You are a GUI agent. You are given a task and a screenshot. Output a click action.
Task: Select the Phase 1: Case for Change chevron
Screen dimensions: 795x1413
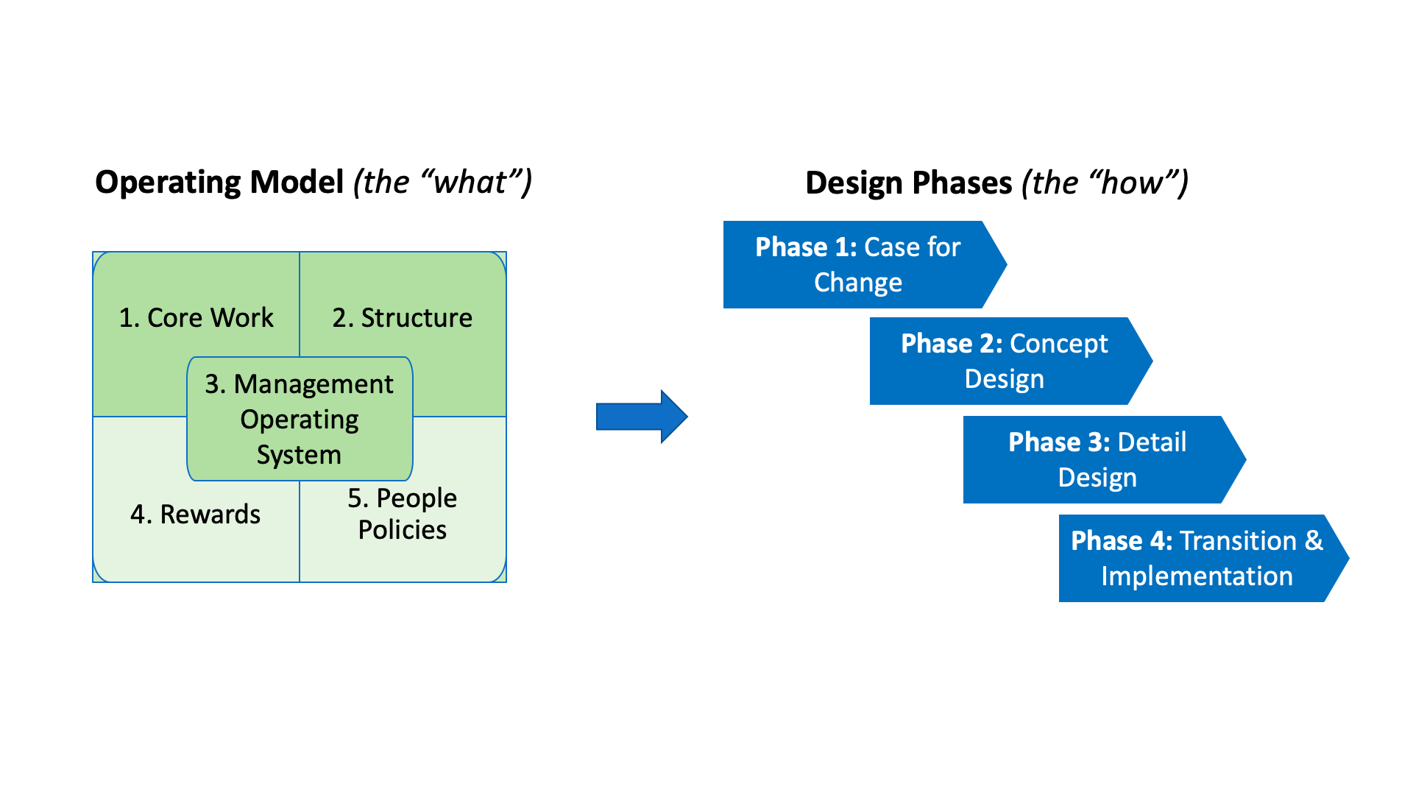857,264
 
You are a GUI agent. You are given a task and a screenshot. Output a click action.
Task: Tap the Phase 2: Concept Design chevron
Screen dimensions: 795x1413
1004,361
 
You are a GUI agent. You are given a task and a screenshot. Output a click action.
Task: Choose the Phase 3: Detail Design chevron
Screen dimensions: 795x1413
1097,459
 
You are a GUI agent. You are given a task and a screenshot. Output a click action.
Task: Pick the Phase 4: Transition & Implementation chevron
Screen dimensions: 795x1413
1196,558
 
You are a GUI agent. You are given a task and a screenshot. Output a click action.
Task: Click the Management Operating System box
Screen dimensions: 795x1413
300,419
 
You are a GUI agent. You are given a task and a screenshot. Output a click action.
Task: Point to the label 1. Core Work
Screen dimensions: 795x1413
196,318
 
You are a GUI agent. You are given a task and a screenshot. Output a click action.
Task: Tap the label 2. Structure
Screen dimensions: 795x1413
402,318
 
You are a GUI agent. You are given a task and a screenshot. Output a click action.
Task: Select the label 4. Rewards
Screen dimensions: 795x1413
195,515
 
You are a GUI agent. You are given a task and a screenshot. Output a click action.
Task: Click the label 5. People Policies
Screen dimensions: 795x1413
402,514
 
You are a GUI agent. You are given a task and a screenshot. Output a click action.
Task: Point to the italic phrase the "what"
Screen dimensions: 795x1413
442,183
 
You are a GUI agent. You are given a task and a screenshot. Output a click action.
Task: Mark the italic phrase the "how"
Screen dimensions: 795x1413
1105,183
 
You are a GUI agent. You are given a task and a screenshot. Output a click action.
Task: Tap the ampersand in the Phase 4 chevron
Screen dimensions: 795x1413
1314,541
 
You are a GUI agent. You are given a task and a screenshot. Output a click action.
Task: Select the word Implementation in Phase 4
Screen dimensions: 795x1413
1197,576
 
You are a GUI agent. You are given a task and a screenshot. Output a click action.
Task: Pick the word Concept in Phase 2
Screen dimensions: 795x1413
1058,344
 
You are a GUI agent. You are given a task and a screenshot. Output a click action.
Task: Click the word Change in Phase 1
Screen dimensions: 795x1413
857,283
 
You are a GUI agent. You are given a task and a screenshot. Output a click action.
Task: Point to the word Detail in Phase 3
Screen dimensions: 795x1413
1152,442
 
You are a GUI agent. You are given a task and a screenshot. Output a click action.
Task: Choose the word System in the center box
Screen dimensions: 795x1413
299,455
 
